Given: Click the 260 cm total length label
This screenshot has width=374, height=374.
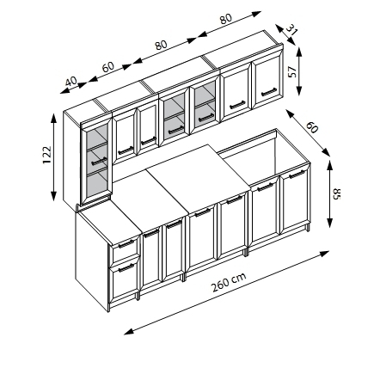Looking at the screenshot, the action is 229,281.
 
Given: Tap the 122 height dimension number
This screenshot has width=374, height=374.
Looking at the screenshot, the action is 46,155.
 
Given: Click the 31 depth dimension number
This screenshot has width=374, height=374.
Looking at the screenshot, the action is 291,29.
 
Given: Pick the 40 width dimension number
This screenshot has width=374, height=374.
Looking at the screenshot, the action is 71,81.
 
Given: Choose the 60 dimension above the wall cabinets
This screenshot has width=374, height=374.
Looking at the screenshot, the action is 108,67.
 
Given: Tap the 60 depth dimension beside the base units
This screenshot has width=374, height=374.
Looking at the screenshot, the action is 312,127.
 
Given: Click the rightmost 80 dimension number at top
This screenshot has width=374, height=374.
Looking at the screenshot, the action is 225,19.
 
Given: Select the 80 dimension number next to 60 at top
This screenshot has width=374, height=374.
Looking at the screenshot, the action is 161,45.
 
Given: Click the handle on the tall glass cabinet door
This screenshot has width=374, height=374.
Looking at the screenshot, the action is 100,162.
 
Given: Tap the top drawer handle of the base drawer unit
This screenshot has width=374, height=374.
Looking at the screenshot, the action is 126,243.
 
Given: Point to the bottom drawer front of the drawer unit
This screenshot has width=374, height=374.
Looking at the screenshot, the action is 125,278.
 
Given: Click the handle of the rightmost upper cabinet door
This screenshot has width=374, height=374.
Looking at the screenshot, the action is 269,92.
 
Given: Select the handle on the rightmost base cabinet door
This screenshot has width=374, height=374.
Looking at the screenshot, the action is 297,174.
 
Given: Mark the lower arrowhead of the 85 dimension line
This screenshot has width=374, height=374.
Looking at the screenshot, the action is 330,224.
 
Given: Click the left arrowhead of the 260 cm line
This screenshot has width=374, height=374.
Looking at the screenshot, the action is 128,332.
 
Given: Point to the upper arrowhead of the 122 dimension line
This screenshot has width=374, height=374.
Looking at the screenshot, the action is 53,118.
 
